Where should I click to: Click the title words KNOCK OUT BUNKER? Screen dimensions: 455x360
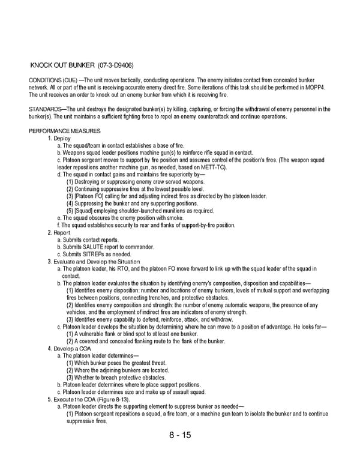62,64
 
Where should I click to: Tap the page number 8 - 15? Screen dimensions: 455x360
179,435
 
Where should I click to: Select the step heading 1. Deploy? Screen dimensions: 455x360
59,138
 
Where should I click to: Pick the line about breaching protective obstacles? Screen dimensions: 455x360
116,378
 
